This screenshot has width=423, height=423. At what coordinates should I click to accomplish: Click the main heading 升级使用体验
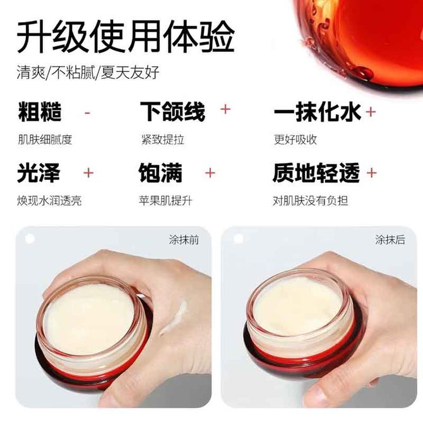tap(126, 38)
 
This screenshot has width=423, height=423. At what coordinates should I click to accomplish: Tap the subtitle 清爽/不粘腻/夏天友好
tap(88, 73)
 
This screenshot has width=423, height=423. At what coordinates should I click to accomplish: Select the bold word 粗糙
tap(40, 111)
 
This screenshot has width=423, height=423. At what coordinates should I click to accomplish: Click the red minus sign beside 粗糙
tap(87, 113)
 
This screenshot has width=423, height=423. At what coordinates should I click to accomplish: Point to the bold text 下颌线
tap(172, 111)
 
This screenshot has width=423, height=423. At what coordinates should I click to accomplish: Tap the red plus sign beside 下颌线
tap(225, 109)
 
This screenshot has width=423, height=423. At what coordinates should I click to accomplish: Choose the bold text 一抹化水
tap(317, 111)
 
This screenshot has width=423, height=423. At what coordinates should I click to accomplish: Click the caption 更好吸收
tap(295, 140)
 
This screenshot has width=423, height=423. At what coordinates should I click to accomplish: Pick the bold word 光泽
tap(39, 172)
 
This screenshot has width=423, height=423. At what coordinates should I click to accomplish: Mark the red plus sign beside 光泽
tap(88, 172)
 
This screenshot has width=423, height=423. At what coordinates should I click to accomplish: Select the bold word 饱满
tap(161, 172)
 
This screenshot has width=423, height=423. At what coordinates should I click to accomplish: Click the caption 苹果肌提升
tap(166, 201)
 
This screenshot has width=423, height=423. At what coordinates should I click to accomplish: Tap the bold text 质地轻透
tap(316, 172)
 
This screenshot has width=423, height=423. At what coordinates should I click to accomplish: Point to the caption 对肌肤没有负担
tap(310, 201)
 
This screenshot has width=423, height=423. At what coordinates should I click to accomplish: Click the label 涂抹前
tap(184, 239)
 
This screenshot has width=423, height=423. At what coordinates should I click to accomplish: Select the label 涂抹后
tap(390, 239)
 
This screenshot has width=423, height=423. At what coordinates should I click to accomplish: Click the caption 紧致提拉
tap(163, 140)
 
